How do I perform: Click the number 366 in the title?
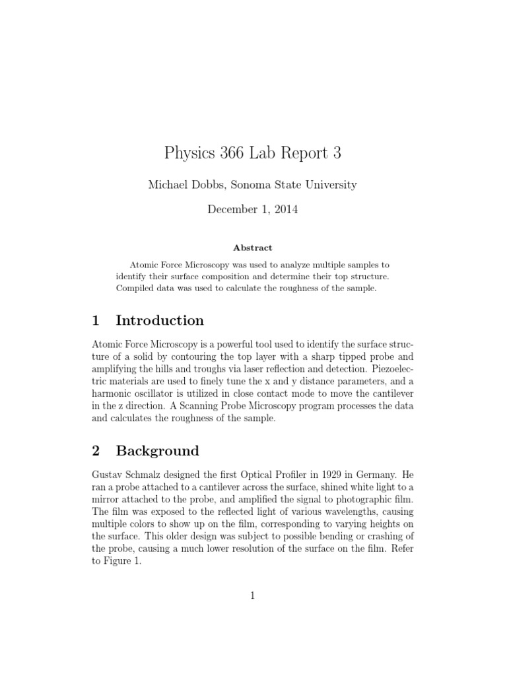pyautogui.click(x=222, y=154)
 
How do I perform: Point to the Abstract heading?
pyautogui.click(x=253, y=248)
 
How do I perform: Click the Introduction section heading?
pyautogui.click(x=160, y=321)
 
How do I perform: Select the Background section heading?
pyautogui.click(x=157, y=451)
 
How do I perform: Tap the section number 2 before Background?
pyautogui.click(x=96, y=451)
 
